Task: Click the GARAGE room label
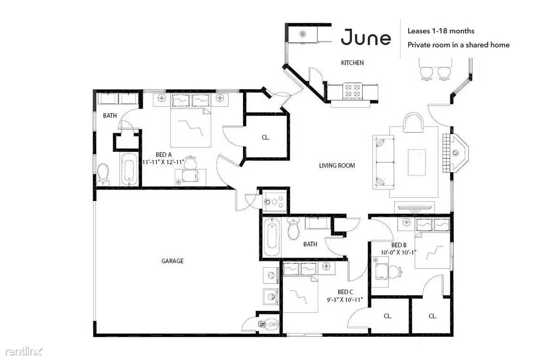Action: pos(173,261)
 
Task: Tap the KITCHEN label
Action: pos(352,63)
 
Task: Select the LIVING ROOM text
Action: pos(337,165)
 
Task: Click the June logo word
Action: pos(366,37)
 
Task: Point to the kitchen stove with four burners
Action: pos(352,90)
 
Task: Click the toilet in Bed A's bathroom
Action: pos(103,174)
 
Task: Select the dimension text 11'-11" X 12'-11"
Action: pos(164,162)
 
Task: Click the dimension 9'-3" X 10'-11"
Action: pos(345,300)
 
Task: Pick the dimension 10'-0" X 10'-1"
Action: pos(398,252)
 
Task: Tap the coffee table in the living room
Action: pos(416,162)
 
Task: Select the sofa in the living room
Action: pos(383,162)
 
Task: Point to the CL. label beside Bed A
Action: pos(265,137)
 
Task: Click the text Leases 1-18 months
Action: pos(441,31)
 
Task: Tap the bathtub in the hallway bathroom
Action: pos(272,237)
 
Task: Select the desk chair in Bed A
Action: pos(191,162)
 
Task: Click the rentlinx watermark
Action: pos(24,351)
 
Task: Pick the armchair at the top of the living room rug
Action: pos(414,123)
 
